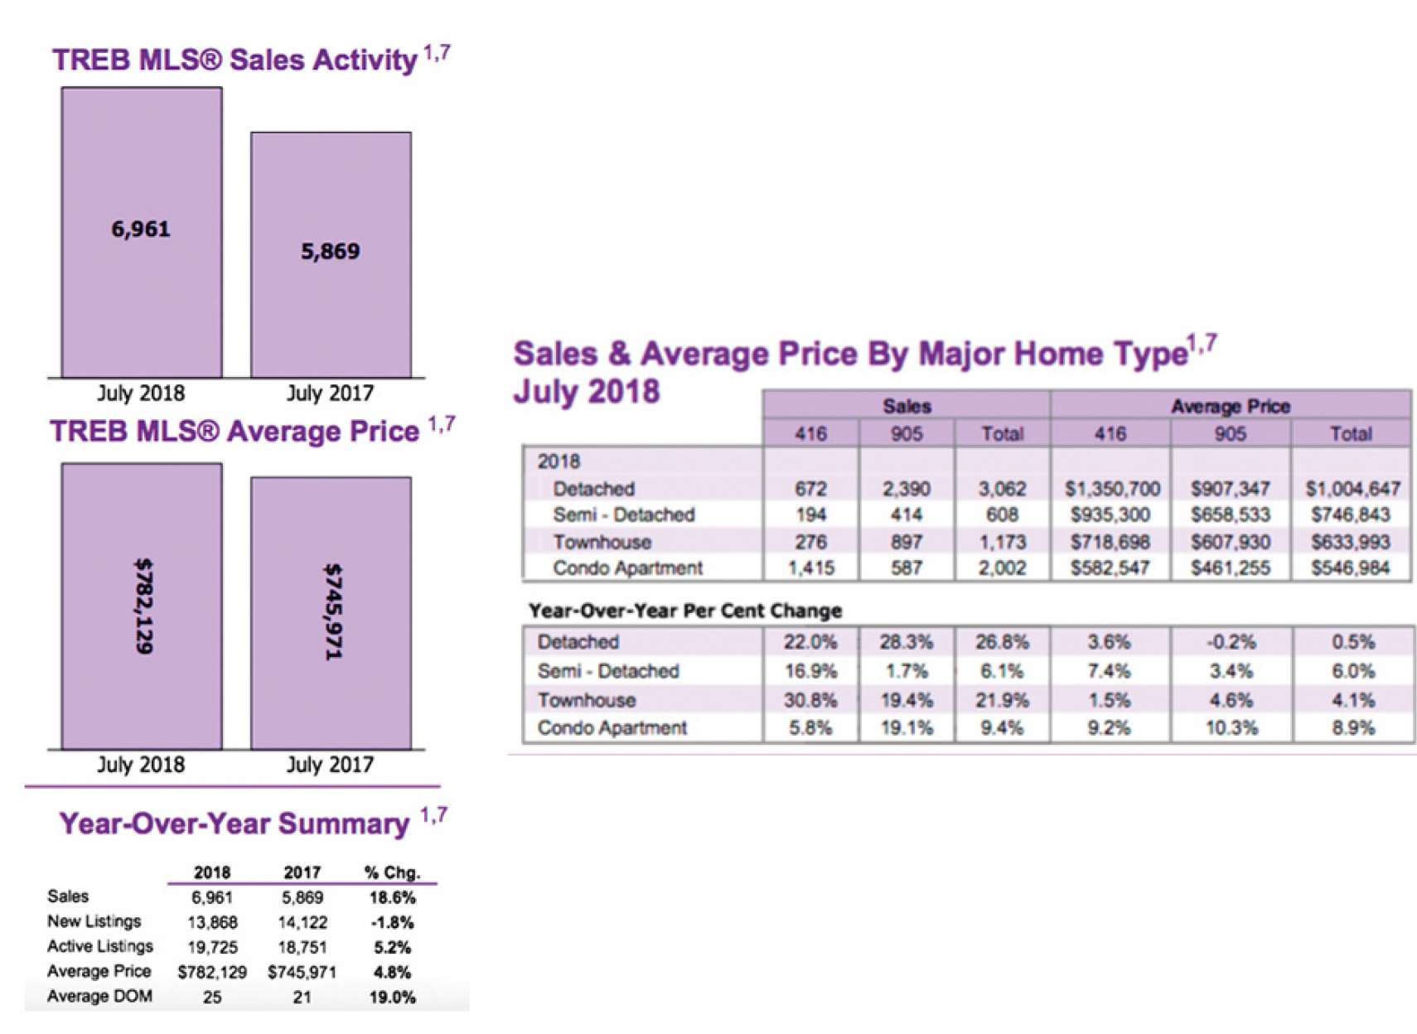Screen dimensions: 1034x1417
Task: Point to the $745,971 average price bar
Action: (x=331, y=613)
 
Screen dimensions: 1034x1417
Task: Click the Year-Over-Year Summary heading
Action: (x=235, y=824)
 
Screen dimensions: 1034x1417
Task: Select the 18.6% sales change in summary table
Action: (x=392, y=897)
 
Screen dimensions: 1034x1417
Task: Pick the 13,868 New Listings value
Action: (x=212, y=922)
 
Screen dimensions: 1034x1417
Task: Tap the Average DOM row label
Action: (x=99, y=997)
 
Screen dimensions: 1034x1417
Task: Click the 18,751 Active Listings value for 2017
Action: (x=302, y=947)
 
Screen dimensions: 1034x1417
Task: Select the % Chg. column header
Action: (x=392, y=872)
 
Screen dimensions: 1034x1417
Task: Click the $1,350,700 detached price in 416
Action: (x=1111, y=489)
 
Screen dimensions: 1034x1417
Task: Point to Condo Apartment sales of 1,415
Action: (x=810, y=568)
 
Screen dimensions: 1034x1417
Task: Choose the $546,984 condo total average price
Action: (x=1351, y=568)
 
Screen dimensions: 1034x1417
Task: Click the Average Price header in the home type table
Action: (x=1230, y=406)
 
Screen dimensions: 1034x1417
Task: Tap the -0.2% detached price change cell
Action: (x=1231, y=642)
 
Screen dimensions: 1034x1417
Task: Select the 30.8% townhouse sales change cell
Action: (x=810, y=700)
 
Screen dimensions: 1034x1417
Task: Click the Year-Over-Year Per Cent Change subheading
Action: (x=684, y=611)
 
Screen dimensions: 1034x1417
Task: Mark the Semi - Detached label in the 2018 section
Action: (x=623, y=515)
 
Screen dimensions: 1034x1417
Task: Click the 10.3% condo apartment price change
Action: (x=1231, y=728)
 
